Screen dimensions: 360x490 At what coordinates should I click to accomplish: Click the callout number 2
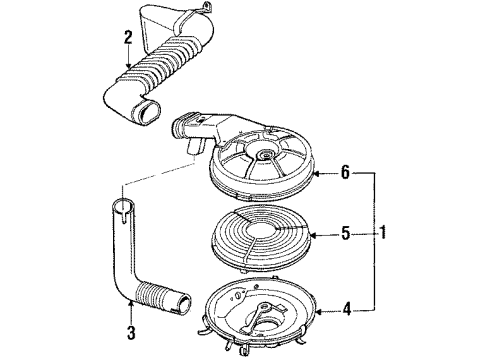(128, 39)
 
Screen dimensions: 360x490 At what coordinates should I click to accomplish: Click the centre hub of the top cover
(266, 156)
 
